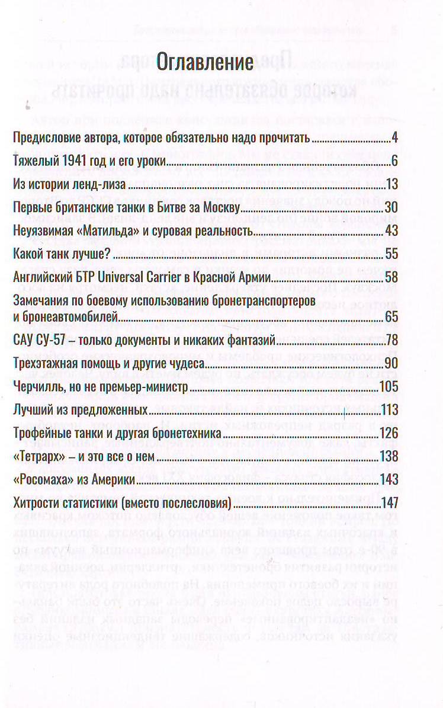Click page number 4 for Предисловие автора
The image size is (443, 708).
pos(394,139)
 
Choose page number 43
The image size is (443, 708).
pos(390,230)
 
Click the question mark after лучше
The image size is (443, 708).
pos(110,254)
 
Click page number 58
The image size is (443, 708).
pos(390,276)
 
